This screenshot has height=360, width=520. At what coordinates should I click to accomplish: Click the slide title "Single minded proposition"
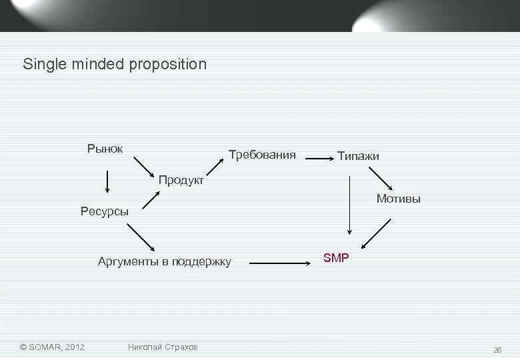(x=115, y=65)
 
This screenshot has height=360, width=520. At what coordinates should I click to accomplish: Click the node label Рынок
(x=105, y=148)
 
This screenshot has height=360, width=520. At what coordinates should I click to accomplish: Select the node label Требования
(x=261, y=155)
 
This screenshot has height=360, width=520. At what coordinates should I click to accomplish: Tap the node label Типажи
(x=358, y=157)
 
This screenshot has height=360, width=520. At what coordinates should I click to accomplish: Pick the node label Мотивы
(x=398, y=198)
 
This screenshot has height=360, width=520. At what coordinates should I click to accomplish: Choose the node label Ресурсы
(x=104, y=212)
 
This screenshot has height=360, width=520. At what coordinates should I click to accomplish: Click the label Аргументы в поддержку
(x=164, y=261)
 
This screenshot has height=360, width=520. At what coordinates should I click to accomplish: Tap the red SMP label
(x=336, y=258)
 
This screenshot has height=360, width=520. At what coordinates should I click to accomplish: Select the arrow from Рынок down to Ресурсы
(x=107, y=181)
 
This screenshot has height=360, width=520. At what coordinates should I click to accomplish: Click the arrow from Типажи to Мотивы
(x=382, y=179)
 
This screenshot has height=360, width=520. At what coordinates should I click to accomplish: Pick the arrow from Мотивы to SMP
(x=373, y=233)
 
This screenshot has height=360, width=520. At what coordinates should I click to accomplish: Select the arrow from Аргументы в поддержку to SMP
(x=280, y=263)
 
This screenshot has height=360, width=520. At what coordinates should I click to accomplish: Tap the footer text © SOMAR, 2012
(x=52, y=347)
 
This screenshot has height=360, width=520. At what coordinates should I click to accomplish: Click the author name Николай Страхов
(x=163, y=347)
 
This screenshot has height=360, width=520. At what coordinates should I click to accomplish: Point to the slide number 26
(x=497, y=349)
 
